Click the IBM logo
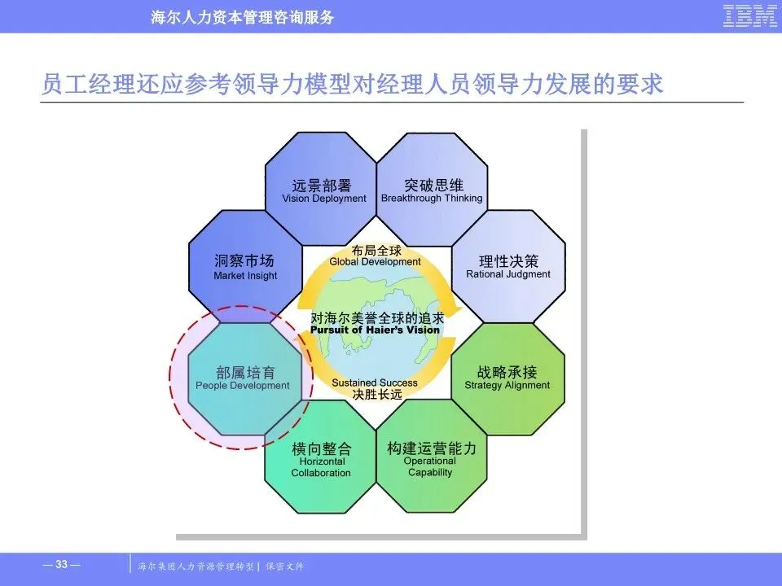[x=749, y=16]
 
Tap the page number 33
[x=61, y=565]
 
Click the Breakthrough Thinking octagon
[x=432, y=189]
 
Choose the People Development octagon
[x=244, y=378]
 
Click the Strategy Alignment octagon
[x=507, y=378]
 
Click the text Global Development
[x=376, y=262]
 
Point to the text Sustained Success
[x=375, y=383]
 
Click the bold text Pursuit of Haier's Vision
[x=375, y=330]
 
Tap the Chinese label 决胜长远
[x=376, y=394]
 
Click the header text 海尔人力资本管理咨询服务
[x=243, y=17]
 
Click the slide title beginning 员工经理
[x=352, y=84]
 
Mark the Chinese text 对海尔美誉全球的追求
[x=375, y=318]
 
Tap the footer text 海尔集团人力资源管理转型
[x=197, y=566]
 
